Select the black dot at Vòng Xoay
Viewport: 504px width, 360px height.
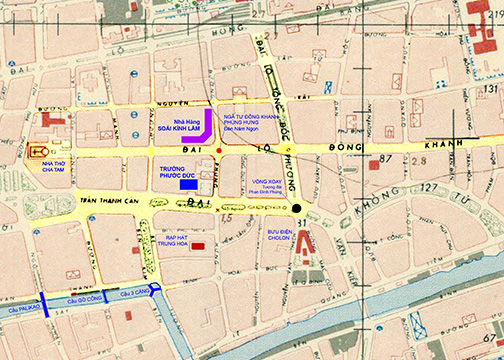(x=295, y=208)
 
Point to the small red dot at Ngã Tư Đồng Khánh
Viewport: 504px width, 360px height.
(x=219, y=151)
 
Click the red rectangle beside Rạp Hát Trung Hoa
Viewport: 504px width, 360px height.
(x=198, y=246)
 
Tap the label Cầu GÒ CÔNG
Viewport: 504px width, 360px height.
(x=85, y=300)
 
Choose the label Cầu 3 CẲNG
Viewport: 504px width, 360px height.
(x=134, y=294)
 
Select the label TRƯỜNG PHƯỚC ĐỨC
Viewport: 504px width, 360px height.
(x=178, y=172)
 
